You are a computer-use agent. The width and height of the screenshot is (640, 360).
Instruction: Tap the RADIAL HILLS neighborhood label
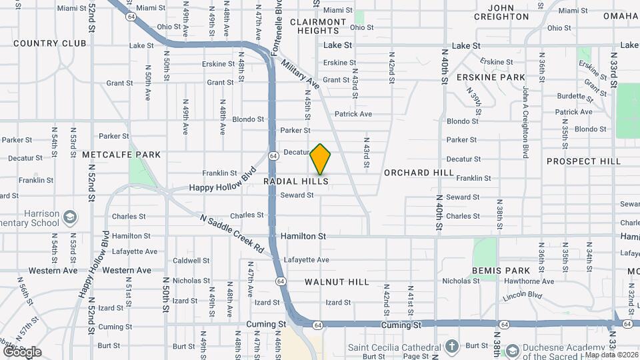296,181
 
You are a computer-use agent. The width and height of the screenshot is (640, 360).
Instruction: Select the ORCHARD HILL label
419,173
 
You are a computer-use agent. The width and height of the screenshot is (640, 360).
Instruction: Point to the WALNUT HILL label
337,282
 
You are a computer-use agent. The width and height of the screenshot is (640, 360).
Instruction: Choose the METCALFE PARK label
121,155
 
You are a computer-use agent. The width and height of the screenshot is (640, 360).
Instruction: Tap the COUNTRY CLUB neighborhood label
49,43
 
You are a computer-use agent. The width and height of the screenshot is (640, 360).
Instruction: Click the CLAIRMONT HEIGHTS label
319,26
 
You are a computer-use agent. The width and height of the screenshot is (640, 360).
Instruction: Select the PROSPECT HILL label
583,161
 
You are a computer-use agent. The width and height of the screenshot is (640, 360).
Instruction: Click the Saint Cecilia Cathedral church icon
452,346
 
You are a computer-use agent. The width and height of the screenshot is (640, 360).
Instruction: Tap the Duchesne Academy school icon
512,350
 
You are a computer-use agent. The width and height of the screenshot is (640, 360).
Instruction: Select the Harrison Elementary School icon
71,217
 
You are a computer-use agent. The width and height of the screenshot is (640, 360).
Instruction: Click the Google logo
22,352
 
